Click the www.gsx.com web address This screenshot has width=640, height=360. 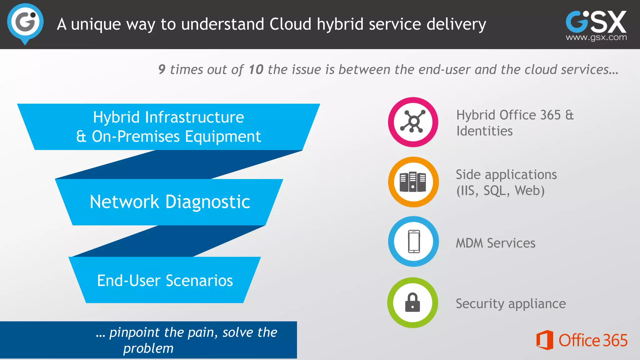[596, 37]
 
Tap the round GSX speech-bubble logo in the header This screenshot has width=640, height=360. [25, 23]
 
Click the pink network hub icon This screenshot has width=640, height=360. [413, 122]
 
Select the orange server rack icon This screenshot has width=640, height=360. [413, 182]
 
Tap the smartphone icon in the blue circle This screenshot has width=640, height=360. [414, 242]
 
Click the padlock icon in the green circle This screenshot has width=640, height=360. [412, 302]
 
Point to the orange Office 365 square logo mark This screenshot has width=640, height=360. [544, 340]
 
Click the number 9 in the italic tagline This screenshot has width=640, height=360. [162, 69]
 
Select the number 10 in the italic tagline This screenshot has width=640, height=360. [256, 69]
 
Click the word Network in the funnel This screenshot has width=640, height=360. [124, 202]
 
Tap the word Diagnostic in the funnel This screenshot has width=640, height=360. [207, 202]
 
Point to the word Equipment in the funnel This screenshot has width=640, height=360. [223, 137]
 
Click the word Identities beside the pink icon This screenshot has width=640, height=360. [484, 131]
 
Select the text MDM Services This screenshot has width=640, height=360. [495, 243]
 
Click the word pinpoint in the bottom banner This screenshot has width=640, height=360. [135, 332]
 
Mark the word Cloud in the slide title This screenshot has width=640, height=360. [290, 24]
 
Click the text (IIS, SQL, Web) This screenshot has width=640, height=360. [500, 191]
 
